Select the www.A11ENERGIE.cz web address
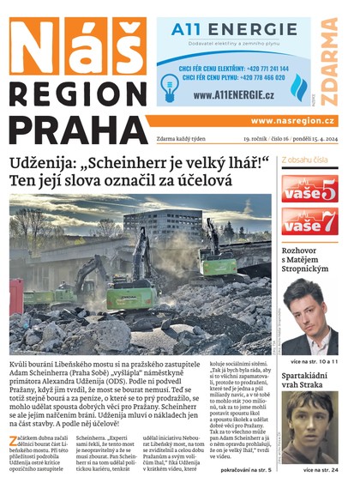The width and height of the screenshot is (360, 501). click(x=232, y=94)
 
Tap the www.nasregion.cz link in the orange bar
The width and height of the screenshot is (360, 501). click(x=292, y=121)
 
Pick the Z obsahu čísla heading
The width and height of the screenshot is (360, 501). click(x=304, y=160)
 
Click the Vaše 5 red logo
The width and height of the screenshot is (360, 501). click(x=309, y=189)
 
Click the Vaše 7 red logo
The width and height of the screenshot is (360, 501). click(x=309, y=221)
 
